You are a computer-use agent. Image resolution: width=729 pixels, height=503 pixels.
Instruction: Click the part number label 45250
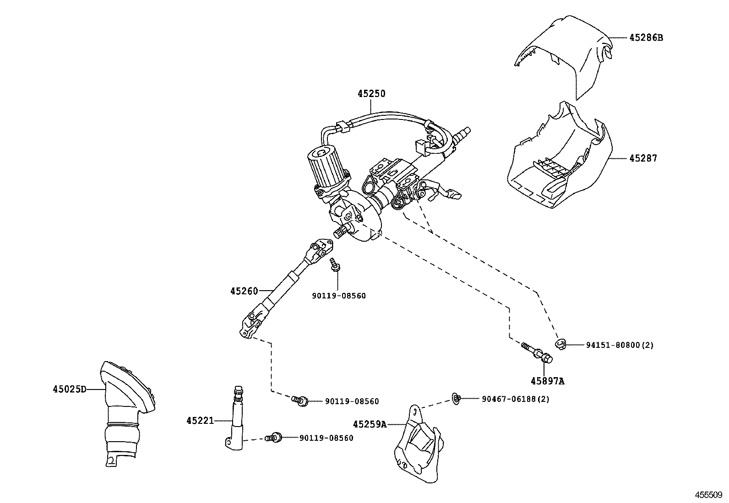pyautogui.click(x=371, y=94)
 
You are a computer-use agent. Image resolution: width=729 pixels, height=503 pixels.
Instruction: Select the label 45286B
pyautogui.click(x=646, y=38)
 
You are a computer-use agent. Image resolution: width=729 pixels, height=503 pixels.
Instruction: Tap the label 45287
pyautogui.click(x=643, y=158)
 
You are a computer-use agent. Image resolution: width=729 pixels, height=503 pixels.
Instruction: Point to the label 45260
pyautogui.click(x=244, y=291)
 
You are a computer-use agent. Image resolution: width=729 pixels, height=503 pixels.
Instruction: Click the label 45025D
pyautogui.click(x=69, y=389)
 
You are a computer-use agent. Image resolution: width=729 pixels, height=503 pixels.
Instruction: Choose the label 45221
pyautogui.click(x=200, y=420)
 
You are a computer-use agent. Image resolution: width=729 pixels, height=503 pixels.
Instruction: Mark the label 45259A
pyautogui.click(x=370, y=424)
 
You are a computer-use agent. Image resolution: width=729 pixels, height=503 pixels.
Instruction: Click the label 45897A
pyautogui.click(x=548, y=381)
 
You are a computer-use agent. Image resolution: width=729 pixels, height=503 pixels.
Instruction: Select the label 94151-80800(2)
pyautogui.click(x=620, y=345)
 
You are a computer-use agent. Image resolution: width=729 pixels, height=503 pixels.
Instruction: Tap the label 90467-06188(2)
pyautogui.click(x=516, y=399)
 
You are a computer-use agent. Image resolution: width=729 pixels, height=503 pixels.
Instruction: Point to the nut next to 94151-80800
pyautogui.click(x=560, y=344)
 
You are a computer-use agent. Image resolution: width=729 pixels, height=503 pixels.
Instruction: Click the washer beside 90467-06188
pyautogui.click(x=456, y=399)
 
